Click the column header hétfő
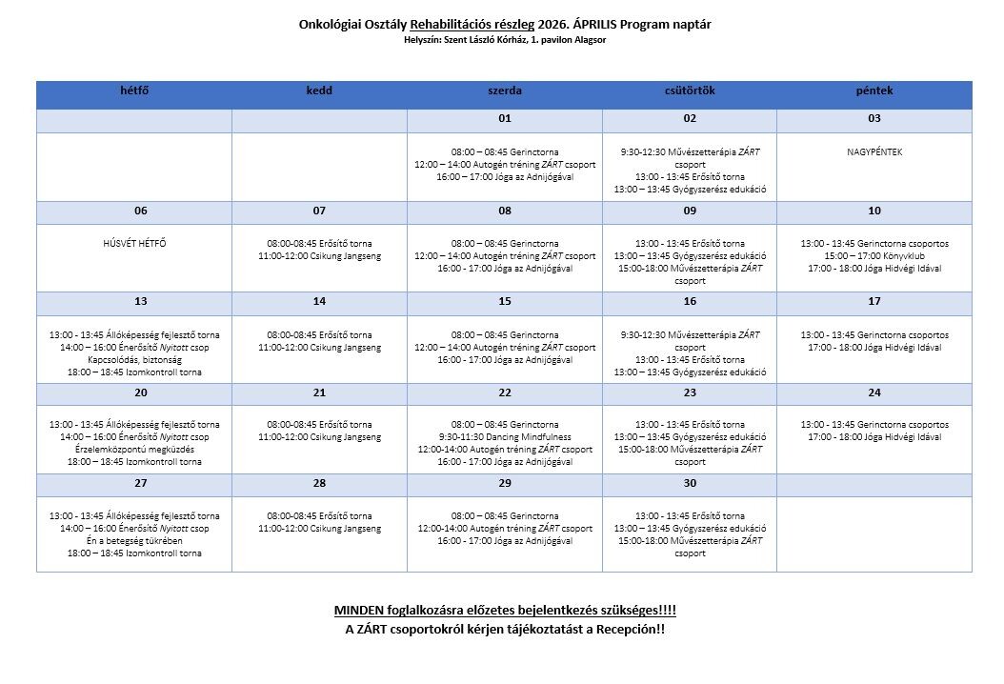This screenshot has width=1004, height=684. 134,91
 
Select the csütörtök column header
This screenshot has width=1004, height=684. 690,91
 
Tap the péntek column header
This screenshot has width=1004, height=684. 874,91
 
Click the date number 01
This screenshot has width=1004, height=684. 505,119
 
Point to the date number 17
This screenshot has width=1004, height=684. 874,302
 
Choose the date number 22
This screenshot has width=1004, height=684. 505,393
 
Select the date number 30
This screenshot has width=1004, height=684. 690,484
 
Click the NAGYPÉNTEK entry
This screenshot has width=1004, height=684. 874,152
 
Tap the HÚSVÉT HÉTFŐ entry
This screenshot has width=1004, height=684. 134,244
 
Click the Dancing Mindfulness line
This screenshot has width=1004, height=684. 505,437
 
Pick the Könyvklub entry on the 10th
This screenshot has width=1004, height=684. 874,256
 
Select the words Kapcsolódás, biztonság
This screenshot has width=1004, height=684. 134,360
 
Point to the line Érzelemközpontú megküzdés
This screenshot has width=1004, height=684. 134,450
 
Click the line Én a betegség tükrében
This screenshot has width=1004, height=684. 134,540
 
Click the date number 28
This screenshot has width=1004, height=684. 319,484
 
